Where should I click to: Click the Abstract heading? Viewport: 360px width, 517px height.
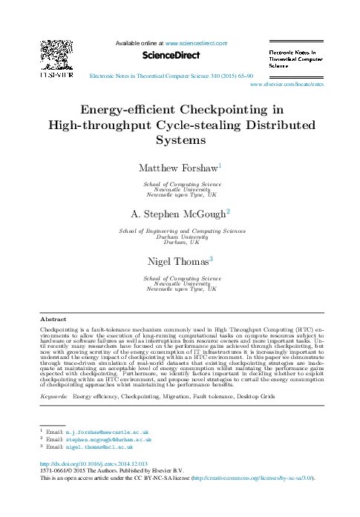pyautogui.click(x=53, y=319)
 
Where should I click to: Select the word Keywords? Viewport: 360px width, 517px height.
pyautogui.click(x=53, y=398)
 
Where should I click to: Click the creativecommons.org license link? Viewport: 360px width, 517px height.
pyautogui.click(x=252, y=479)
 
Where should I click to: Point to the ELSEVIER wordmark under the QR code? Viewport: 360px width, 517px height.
pyautogui.click(x=56, y=74)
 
